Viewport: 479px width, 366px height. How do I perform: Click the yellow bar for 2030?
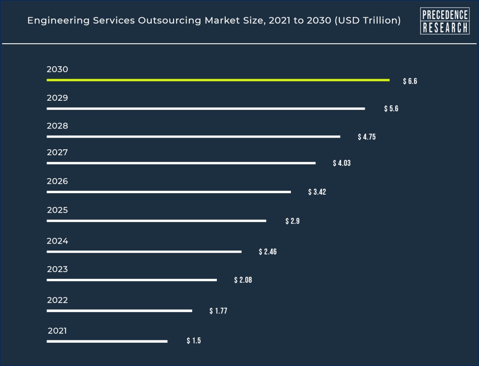[x=218, y=80]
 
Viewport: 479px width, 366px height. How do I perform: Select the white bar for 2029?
[x=206, y=108]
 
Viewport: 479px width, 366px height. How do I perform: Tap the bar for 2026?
[x=169, y=192]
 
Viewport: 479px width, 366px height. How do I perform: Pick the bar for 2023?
[x=131, y=280]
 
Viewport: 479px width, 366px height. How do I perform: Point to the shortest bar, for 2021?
[x=107, y=341]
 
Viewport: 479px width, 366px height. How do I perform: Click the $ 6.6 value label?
[x=410, y=81]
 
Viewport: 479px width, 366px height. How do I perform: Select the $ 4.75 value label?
[x=367, y=137]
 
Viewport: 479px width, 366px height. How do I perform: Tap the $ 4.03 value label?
[x=342, y=163]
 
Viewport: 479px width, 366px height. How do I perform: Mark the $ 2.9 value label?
[x=293, y=221]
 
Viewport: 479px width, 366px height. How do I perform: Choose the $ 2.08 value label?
[x=243, y=280]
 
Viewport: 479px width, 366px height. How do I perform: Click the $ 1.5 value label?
[x=194, y=341]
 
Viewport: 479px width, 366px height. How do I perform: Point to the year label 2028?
[x=57, y=126]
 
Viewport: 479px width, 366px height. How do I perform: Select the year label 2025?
[x=57, y=210]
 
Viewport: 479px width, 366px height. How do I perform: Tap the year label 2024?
[x=57, y=241]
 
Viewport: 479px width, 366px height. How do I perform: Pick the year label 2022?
[x=57, y=300]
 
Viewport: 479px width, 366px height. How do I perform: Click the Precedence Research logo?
[x=445, y=21]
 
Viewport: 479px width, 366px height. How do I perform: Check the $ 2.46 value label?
[x=268, y=252]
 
